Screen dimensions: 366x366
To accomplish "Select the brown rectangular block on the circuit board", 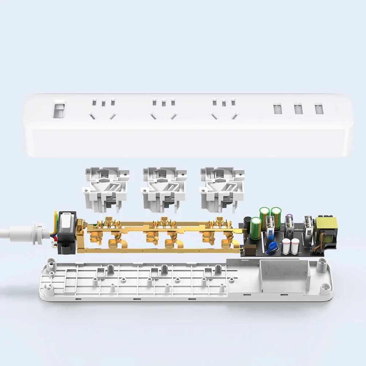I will coord(251,251).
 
